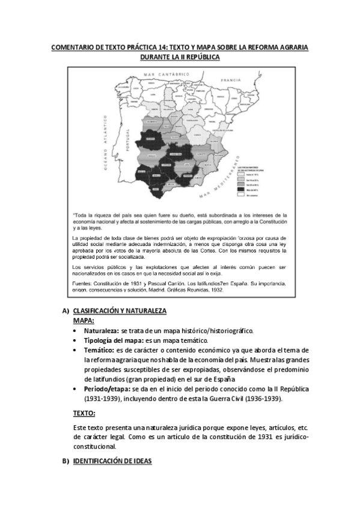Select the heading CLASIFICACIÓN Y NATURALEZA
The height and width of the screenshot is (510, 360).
pyautogui.click(x=120, y=311)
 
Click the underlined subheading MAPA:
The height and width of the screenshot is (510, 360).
pyautogui.click(x=84, y=321)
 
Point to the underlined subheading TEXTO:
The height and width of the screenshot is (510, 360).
pyautogui.click(x=84, y=414)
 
